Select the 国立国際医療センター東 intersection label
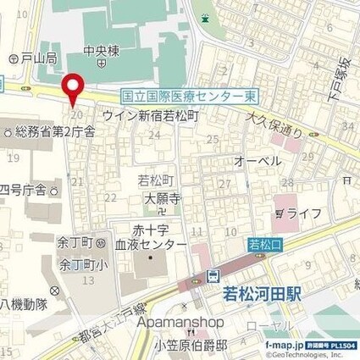(189, 98)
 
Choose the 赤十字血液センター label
(158, 236)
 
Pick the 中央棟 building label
(101, 50)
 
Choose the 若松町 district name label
(155, 180)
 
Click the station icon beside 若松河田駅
(213, 276)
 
